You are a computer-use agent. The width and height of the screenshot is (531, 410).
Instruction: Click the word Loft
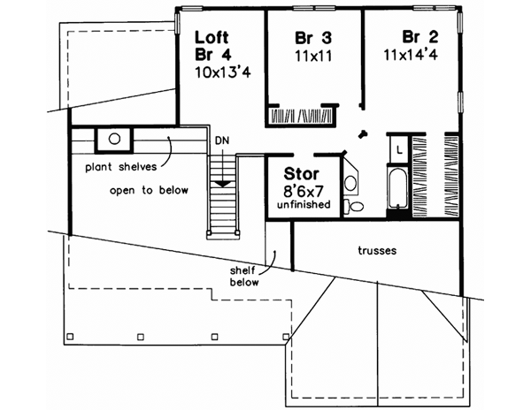click(x=212, y=38)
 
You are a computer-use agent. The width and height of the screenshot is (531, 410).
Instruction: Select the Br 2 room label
click(x=419, y=37)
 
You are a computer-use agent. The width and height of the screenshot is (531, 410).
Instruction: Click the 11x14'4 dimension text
click(x=414, y=55)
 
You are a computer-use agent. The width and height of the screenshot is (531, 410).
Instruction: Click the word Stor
click(x=300, y=174)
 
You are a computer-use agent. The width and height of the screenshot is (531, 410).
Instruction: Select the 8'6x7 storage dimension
click(x=303, y=190)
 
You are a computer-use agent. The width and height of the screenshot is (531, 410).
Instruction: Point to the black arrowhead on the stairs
click(x=223, y=180)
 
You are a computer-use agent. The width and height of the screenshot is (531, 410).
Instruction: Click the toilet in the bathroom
click(x=357, y=205)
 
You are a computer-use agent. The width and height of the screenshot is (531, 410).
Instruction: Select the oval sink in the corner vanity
click(x=350, y=184)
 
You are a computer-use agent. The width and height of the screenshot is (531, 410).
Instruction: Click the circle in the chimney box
click(x=114, y=138)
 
